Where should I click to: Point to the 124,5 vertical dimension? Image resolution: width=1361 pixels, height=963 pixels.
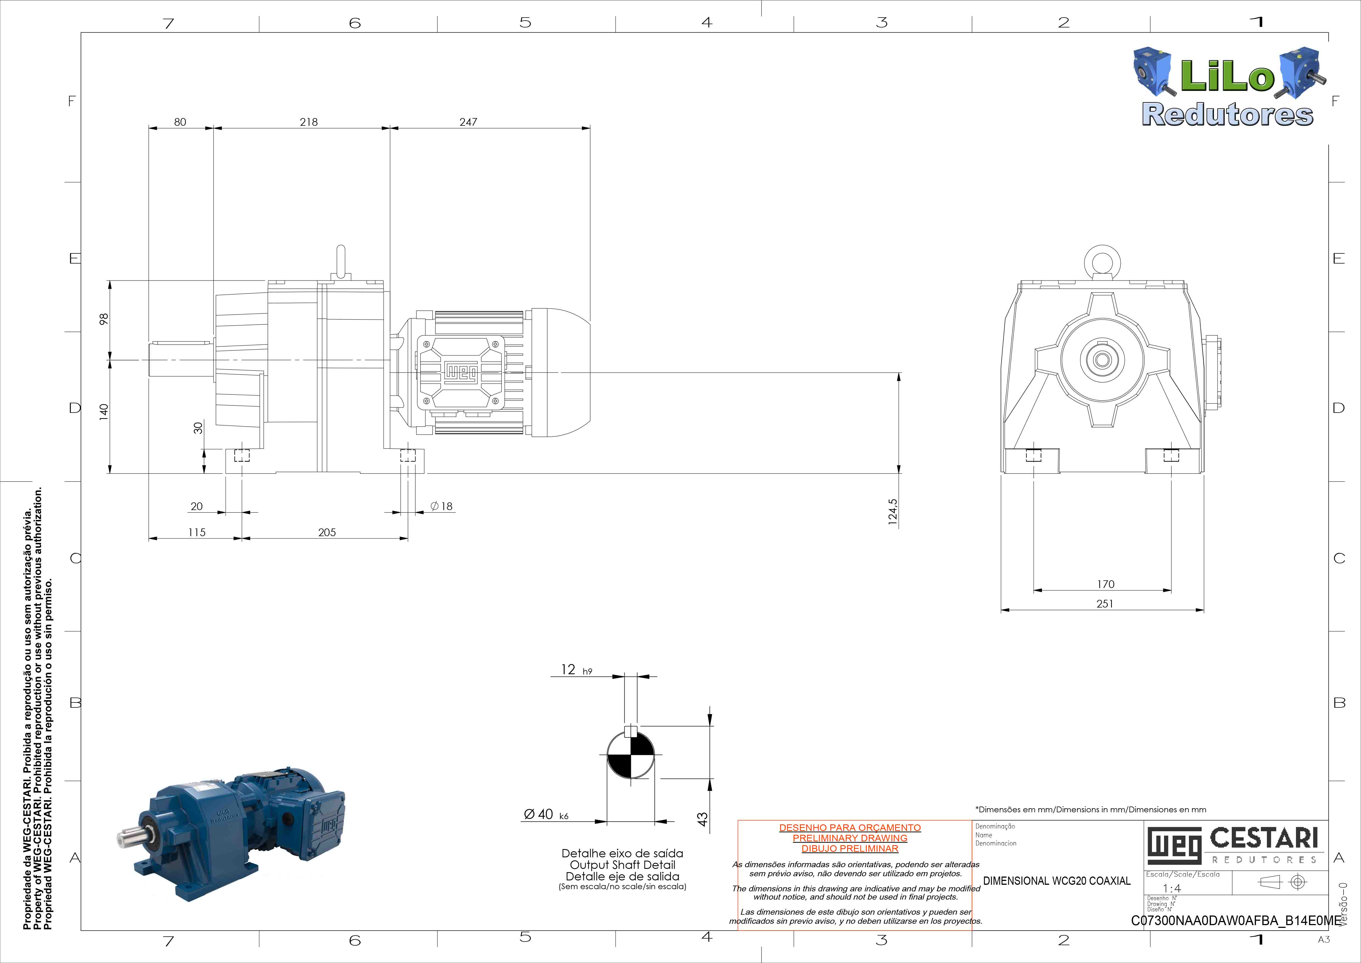tap(893, 512)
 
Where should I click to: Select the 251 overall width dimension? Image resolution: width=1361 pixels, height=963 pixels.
tap(1105, 604)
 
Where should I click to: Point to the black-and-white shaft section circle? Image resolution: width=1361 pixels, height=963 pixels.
tap(631, 755)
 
